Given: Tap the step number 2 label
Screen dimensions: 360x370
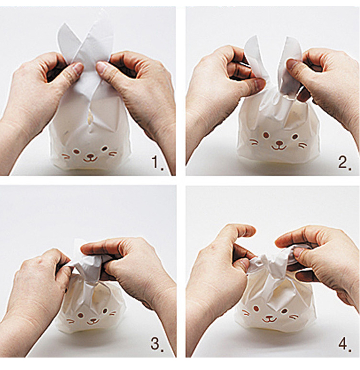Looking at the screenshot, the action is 345,162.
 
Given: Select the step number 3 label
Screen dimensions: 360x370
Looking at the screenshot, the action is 157,344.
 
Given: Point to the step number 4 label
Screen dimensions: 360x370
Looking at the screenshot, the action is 345,344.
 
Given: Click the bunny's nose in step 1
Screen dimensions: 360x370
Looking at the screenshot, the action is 90,156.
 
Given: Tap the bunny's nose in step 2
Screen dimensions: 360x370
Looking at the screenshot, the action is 279,143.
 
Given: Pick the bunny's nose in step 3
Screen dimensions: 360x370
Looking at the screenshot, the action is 93,320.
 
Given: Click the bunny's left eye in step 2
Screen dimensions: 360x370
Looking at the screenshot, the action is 266,135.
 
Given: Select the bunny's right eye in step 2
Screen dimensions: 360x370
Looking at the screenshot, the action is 295,136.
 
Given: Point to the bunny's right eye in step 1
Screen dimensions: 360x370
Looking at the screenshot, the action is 104,149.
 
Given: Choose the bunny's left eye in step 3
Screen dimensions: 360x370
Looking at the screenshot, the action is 81,315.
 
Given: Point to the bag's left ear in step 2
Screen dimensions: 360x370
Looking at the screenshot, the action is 256,59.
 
